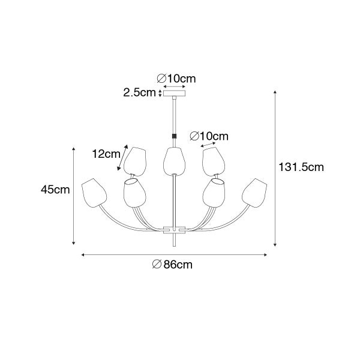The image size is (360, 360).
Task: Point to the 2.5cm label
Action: pyautogui.click(x=139, y=92)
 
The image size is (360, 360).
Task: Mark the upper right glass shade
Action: pyautogui.click(x=212, y=161)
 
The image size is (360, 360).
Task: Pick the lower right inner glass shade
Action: pyautogui.click(x=214, y=191)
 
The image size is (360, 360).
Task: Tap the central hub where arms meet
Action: pyautogui.click(x=174, y=229)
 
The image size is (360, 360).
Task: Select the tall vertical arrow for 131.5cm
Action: pyautogui.click(x=275, y=168)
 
